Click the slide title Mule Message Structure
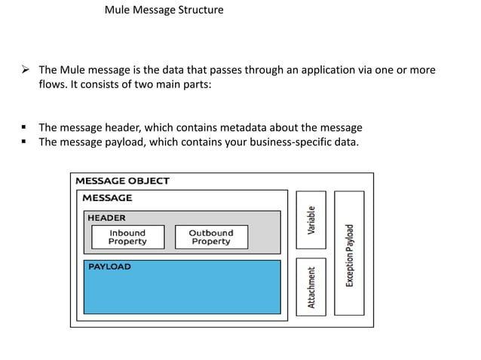click(164, 10)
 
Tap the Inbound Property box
click(128, 237)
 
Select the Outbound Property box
click(211, 237)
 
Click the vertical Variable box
click(311, 220)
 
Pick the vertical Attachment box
click(311, 287)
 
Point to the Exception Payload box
click(349, 253)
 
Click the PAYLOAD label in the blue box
click(109, 267)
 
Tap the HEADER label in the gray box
click(106, 218)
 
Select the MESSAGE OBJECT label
click(122, 181)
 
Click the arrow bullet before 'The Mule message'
click(26, 69)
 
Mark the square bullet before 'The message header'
click(23, 127)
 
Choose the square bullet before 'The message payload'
click(23, 142)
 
